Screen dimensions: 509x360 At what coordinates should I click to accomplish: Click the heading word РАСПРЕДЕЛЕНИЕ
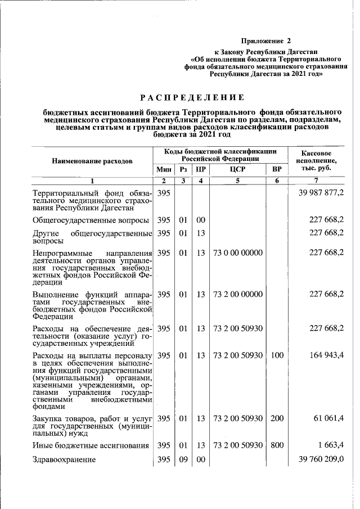[192, 97]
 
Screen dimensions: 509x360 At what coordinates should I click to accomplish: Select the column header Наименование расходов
[92, 161]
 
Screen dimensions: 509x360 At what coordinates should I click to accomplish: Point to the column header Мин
[163, 169]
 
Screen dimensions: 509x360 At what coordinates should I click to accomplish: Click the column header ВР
[276, 169]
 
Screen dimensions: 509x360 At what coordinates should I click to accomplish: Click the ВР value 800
[276, 445]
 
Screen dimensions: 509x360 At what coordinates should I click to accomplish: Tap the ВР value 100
[276, 355]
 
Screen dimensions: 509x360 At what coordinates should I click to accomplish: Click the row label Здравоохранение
[64, 460]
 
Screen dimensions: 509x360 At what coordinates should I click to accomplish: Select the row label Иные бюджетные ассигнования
[90, 445]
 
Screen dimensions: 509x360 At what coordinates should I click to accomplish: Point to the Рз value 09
[183, 460]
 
